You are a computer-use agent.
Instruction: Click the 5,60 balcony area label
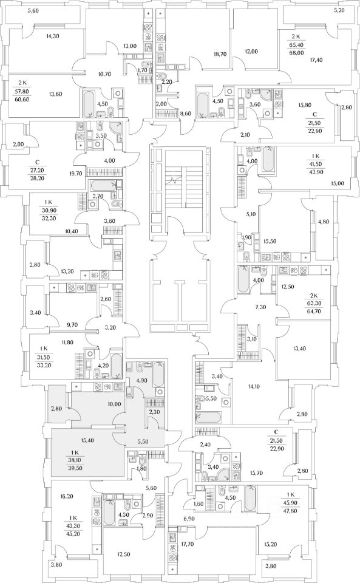point(33,11)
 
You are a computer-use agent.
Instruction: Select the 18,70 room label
point(220,54)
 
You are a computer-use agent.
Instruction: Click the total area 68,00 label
point(297,52)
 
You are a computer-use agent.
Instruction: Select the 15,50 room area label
point(270,241)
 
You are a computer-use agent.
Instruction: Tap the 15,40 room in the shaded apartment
point(87,440)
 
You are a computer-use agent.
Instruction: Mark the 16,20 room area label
point(67,496)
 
